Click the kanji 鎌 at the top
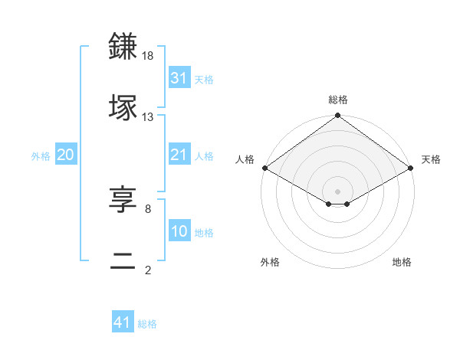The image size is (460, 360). [124, 45]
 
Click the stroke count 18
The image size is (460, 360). [148, 56]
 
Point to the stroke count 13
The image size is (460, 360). [148, 117]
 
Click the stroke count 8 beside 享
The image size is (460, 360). [148, 208]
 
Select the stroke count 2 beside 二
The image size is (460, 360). [148, 270]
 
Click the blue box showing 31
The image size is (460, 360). [179, 77]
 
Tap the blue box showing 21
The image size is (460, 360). [179, 155]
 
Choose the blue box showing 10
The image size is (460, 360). [179, 231]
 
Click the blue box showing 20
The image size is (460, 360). [65, 155]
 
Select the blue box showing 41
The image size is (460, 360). [123, 322]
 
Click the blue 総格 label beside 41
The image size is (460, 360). [147, 324]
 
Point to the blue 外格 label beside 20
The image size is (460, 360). [41, 156]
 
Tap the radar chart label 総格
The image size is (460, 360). [337, 100]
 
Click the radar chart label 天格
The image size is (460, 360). [431, 159]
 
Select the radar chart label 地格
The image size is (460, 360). [402, 262]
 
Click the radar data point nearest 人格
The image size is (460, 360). [264, 168]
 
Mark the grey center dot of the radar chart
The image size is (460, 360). [337, 191]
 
